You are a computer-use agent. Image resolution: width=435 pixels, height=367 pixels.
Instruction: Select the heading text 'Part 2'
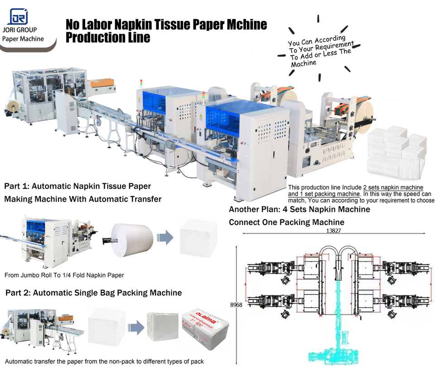[x=18, y=293]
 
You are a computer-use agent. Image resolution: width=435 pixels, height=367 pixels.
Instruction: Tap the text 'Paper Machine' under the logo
[x=23, y=39]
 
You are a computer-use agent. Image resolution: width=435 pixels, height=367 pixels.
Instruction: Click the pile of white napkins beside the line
[x=397, y=152]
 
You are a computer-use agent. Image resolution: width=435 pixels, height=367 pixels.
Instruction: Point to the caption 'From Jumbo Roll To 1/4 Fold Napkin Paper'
[x=64, y=275]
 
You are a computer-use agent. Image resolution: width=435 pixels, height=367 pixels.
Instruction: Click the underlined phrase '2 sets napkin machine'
[x=393, y=187]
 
